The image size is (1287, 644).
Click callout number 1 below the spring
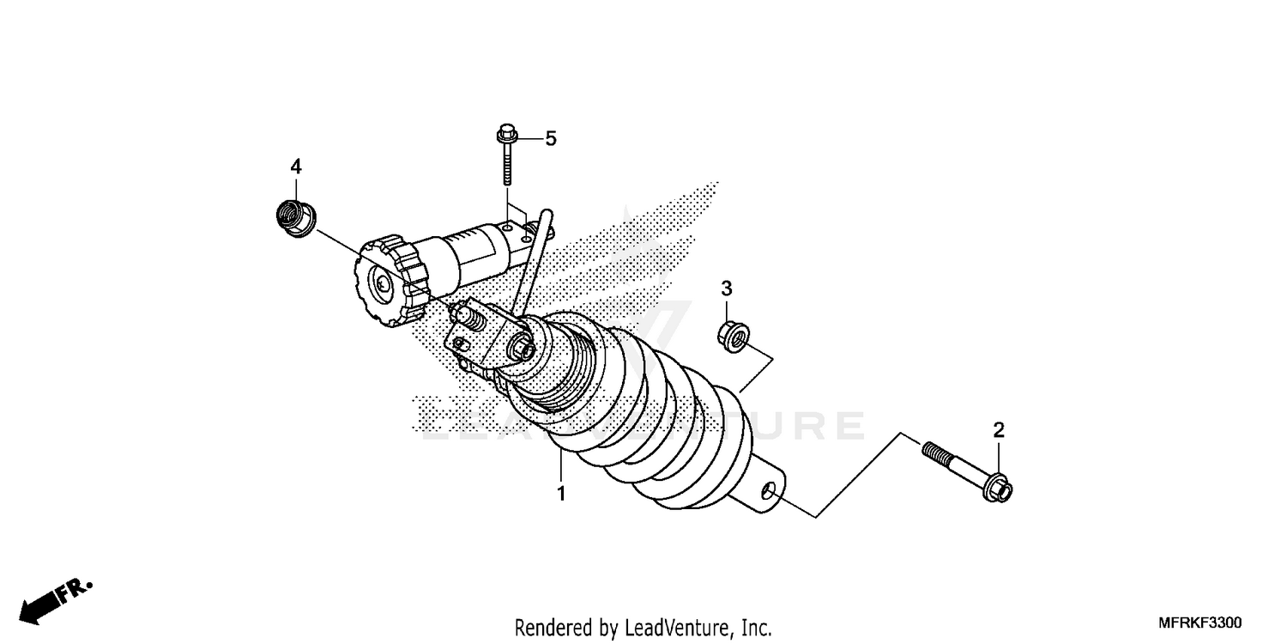coord(561,494)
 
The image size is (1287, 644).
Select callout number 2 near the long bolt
coord(999,430)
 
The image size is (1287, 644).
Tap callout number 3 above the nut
coord(727,288)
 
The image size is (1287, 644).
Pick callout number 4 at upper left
coord(295,165)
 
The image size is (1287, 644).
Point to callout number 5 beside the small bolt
coord(550,137)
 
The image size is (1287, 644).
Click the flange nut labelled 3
coord(731,336)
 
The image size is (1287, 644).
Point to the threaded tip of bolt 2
coord(932,450)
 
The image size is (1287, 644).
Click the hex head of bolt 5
coord(506,134)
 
